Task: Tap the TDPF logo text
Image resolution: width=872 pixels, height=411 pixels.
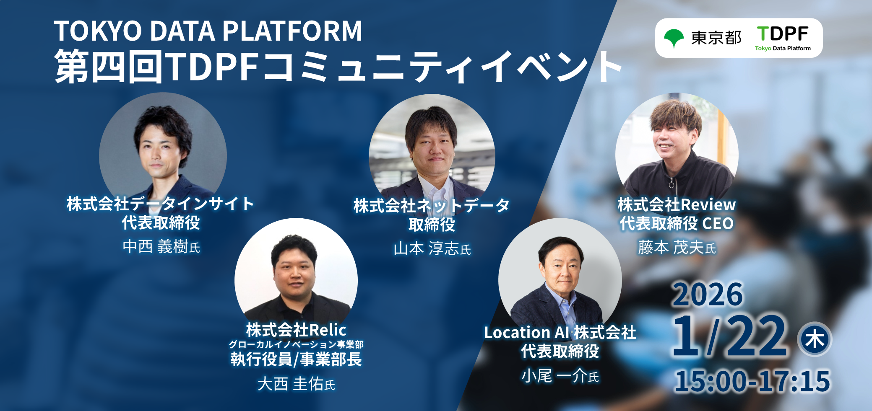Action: [x=783, y=34]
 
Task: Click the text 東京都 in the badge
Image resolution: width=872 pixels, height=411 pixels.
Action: [x=716, y=38]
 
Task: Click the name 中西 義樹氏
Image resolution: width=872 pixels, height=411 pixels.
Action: [x=161, y=247]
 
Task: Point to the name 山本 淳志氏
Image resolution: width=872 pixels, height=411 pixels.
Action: [x=432, y=249]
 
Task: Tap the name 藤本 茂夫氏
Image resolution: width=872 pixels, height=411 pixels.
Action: [x=677, y=247]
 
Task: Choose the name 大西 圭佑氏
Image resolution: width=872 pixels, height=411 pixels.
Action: [x=296, y=384]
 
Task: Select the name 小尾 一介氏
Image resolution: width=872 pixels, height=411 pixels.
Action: [x=560, y=376]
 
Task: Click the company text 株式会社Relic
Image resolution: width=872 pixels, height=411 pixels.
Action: [x=296, y=330]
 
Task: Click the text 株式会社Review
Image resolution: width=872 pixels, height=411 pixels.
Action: [x=677, y=204]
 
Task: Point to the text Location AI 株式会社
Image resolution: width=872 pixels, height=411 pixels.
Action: [x=560, y=332]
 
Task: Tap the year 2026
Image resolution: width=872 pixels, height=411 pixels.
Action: [x=708, y=294]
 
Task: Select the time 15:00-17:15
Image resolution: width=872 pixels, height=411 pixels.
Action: [x=752, y=381]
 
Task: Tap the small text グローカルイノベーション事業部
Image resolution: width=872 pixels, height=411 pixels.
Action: [x=296, y=344]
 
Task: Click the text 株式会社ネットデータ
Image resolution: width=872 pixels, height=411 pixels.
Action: [x=432, y=205]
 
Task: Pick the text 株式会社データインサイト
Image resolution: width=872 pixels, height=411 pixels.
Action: [x=161, y=204]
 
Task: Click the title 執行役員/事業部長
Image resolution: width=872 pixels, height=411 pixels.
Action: [x=296, y=359]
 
